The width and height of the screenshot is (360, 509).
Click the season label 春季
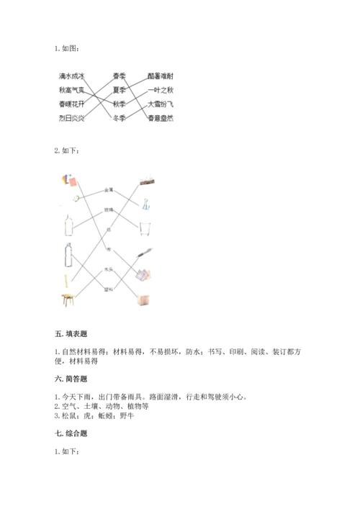120,76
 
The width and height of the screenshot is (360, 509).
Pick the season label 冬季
120,118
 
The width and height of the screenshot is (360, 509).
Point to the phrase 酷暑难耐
160,76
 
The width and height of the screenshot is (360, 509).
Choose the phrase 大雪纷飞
160,104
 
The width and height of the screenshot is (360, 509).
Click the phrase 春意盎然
160,118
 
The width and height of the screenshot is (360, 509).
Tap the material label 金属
109,190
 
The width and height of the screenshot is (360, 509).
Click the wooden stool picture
68,299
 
